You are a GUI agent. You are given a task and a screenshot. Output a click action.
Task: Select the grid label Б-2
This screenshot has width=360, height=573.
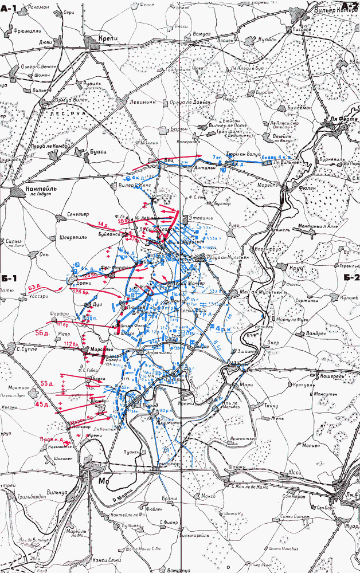pyautogui.click(x=351, y=278)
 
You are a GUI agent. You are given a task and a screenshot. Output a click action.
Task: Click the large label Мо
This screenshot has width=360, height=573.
pyautogui.click(x=103, y=480)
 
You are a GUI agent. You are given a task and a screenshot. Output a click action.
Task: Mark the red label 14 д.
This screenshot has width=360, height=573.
pyautogui.click(x=103, y=224)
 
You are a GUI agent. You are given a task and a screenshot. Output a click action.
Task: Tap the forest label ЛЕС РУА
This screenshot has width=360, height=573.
pyautogui.click(x=65, y=113)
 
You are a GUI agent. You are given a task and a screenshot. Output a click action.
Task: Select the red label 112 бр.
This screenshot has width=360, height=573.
pyautogui.click(x=71, y=343)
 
